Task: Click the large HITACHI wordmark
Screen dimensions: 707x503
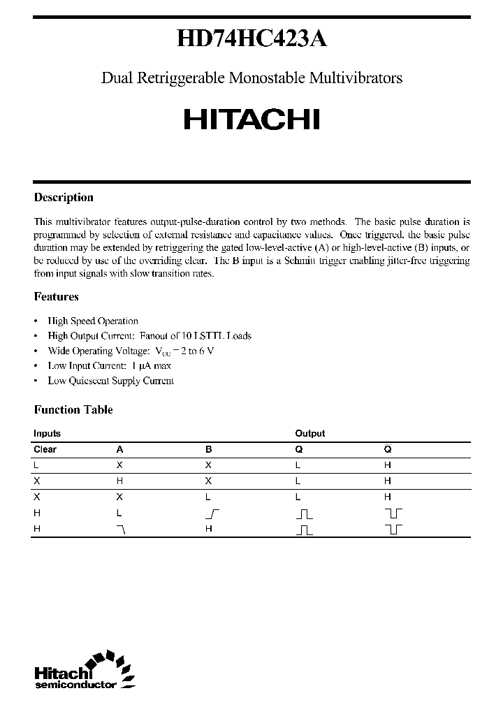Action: click(x=251, y=119)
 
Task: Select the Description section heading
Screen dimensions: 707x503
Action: click(x=64, y=198)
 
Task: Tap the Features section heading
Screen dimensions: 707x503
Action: click(x=56, y=296)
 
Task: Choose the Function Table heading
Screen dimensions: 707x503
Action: click(x=73, y=410)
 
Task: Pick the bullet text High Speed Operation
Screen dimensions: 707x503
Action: click(x=93, y=321)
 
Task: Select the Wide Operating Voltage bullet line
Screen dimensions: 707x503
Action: click(x=131, y=351)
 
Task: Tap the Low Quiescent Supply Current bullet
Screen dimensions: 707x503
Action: click(x=110, y=381)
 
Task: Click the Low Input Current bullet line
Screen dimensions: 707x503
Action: click(x=109, y=365)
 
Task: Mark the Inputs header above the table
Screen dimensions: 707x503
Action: click(x=47, y=433)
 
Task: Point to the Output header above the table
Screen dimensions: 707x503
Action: click(x=309, y=433)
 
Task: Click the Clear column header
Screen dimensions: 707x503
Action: click(x=45, y=450)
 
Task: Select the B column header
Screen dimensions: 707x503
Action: click(x=208, y=450)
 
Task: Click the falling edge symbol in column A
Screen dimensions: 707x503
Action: click(x=122, y=530)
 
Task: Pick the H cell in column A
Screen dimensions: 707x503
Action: click(x=119, y=481)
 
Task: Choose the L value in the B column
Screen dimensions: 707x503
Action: click(x=208, y=497)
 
